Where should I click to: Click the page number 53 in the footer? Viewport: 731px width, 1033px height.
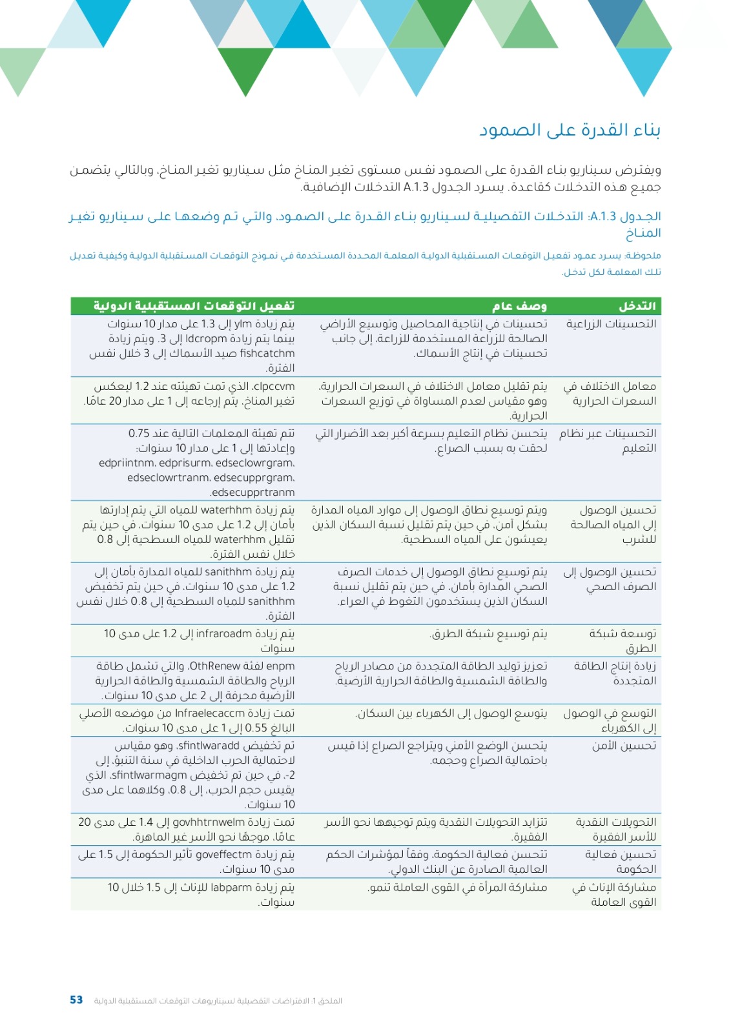click(76, 999)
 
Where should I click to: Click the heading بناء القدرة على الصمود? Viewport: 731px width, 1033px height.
click(569, 130)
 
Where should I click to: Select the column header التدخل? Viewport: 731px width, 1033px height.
click(636, 305)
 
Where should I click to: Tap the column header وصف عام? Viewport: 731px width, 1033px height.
click(519, 305)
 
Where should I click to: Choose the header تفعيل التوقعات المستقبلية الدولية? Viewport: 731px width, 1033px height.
click(194, 305)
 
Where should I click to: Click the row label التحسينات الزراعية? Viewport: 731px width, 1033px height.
click(611, 323)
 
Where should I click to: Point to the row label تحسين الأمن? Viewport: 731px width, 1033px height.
click(623, 746)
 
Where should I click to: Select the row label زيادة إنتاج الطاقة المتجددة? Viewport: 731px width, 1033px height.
click(615, 673)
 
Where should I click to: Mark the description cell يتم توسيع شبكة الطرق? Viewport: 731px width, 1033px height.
click(488, 633)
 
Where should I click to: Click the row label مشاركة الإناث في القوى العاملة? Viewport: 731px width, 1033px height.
click(614, 894)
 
